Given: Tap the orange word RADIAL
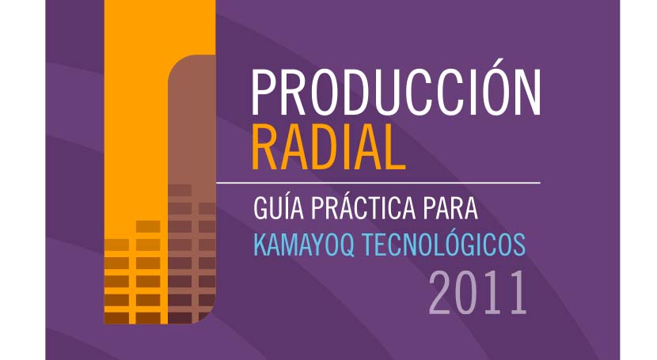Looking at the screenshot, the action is [328, 147].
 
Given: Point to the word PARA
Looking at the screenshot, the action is [450, 208].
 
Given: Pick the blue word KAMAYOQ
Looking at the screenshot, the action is [304, 245].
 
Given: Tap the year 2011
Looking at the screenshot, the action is [477, 293].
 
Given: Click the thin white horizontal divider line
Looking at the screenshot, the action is [378, 183].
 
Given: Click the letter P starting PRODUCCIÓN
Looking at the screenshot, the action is [263, 93].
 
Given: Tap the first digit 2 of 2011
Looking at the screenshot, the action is [440, 293].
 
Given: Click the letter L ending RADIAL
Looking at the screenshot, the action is [394, 147].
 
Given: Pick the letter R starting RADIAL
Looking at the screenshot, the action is [266, 147].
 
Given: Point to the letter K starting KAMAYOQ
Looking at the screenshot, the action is [260, 245].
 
